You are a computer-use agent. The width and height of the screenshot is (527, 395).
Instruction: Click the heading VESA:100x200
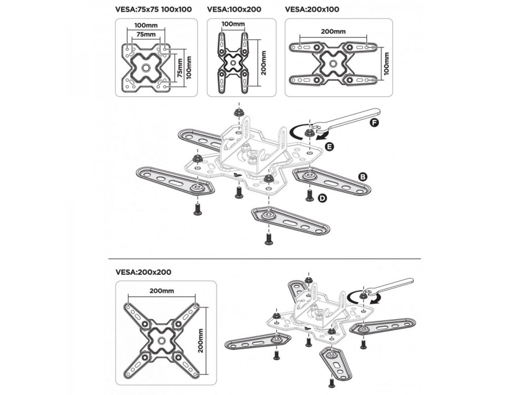[234, 9]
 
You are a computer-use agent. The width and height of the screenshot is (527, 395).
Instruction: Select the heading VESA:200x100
[312, 9]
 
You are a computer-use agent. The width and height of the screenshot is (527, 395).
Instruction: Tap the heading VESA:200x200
[143, 272]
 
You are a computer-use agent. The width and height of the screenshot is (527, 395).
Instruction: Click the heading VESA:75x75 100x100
[153, 9]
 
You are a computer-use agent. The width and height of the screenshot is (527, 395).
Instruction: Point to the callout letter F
[374, 123]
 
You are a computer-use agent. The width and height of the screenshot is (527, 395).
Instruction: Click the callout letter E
[330, 146]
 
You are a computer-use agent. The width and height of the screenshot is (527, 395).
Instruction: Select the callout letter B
[363, 176]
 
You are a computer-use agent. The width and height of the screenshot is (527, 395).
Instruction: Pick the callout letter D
[323, 199]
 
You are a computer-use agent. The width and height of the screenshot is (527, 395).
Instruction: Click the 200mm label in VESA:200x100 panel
[333, 32]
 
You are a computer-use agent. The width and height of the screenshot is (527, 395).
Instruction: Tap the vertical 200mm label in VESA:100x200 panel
[263, 63]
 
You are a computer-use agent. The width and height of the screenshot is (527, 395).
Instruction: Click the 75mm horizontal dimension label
[146, 34]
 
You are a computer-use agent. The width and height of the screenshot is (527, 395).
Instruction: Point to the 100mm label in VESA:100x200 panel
[233, 24]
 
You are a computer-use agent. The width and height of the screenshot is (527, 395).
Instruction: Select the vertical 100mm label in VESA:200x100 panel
[386, 64]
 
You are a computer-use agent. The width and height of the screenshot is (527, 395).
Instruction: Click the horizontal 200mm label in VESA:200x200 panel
[162, 291]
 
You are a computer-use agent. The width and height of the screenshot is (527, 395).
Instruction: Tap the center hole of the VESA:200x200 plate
[161, 341]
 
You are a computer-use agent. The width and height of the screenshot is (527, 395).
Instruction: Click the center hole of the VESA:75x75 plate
[146, 68]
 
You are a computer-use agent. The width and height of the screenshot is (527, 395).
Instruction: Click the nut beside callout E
[308, 133]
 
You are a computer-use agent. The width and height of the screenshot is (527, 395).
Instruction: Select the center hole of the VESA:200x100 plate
[333, 64]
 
